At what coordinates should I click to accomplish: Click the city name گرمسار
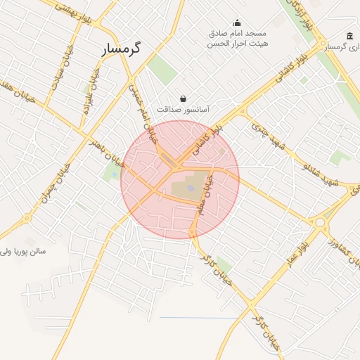click(x=122, y=49)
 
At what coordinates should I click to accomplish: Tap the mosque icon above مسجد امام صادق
click(x=237, y=22)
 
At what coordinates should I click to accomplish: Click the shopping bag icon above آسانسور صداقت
click(x=184, y=98)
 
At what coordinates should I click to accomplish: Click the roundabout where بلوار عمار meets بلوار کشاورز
click(x=321, y=223)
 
